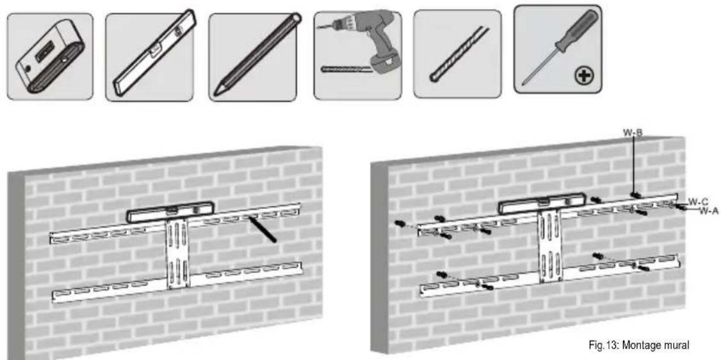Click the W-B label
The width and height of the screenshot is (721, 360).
pos(633,133)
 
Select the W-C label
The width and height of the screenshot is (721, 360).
pos(697,201)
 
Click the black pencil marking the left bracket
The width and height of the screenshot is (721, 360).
pos(262,228)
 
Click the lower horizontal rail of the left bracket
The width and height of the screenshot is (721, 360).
pos(177,282)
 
